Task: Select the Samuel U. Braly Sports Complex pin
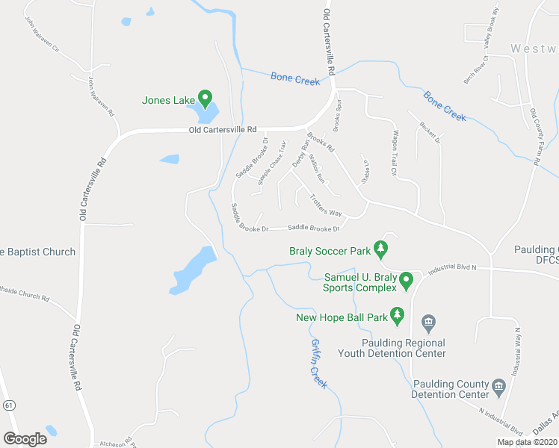(x=407, y=281)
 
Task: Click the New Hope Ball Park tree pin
(x=398, y=317)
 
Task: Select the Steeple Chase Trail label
(x=271, y=162)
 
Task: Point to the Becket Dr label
(x=430, y=132)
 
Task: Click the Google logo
(x=25, y=438)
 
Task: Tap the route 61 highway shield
(x=7, y=405)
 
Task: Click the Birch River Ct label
(x=476, y=69)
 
